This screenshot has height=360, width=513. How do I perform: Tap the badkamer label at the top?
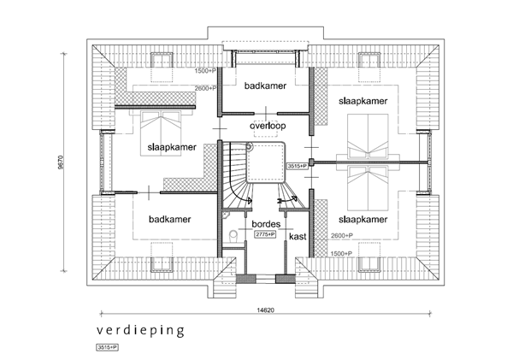265,86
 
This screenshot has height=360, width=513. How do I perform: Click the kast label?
298,235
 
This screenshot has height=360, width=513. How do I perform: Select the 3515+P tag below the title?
106,348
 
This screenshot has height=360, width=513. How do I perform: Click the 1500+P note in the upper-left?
206,72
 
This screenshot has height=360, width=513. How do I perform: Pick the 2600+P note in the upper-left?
206,88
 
